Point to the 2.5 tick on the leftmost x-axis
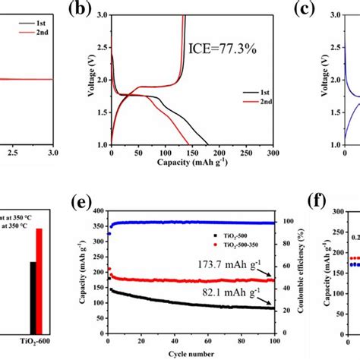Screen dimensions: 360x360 click(11, 153)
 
